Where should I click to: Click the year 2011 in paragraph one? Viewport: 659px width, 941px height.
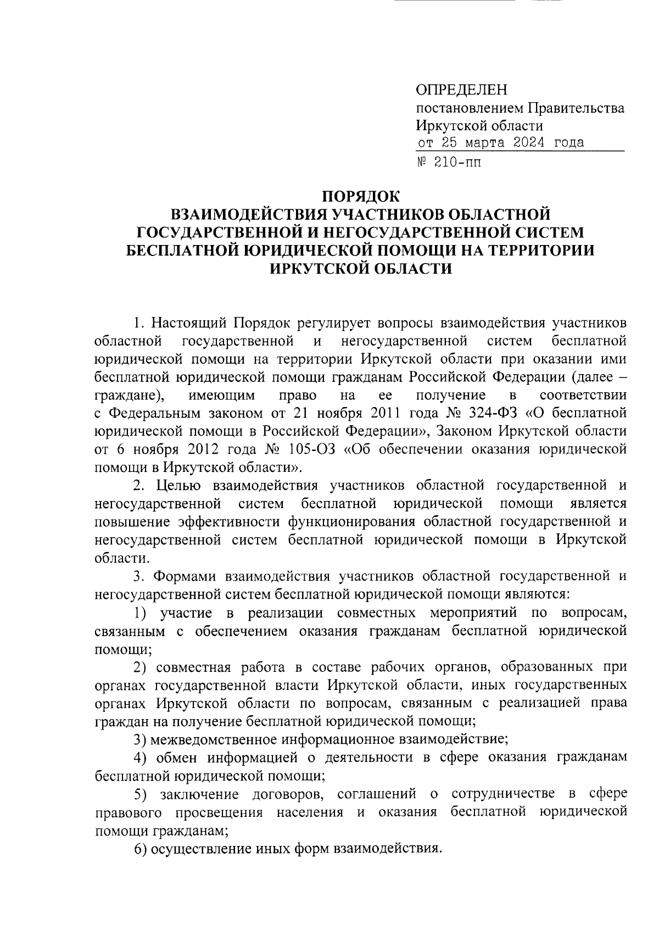click(389, 413)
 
